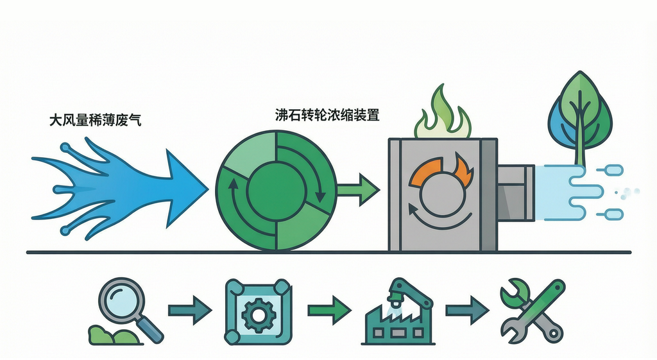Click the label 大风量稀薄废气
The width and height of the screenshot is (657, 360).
[95, 120]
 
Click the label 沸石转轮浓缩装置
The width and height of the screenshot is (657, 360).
[327, 115]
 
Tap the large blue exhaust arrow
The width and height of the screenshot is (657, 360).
[119, 189]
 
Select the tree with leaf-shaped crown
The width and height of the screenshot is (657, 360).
[580, 118]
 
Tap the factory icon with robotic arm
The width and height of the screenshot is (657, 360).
[398, 312]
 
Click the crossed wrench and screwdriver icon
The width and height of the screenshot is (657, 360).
[533, 311]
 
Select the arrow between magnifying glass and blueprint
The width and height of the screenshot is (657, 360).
[190, 311]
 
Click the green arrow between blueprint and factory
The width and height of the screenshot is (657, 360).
[329, 311]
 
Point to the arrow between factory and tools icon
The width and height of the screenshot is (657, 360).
[467, 311]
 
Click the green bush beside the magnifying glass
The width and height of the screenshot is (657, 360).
[112, 334]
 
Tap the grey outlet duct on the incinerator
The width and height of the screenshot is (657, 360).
[515, 193]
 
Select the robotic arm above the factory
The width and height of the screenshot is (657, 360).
[411, 295]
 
